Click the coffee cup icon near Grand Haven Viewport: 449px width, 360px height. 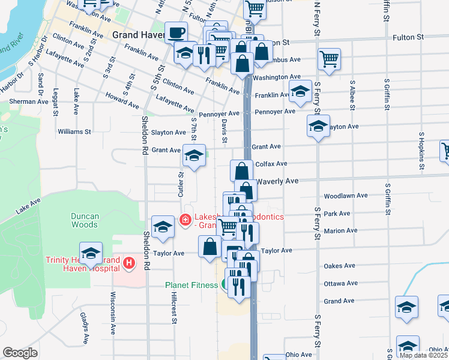176,32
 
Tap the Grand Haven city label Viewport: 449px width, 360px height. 137,35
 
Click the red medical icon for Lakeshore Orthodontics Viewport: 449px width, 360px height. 185,220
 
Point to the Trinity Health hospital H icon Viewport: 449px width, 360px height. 127,262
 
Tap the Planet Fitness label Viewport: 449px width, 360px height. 191,284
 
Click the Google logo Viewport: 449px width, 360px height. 20,353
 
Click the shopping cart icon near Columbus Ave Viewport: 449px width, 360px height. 330,59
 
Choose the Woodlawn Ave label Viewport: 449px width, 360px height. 345,196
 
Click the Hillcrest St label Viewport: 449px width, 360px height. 173,308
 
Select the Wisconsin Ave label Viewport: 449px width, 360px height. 112,313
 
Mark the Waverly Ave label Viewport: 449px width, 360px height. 277,181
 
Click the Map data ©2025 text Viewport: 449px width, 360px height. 424,355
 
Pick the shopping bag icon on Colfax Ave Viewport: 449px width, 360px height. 241,170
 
